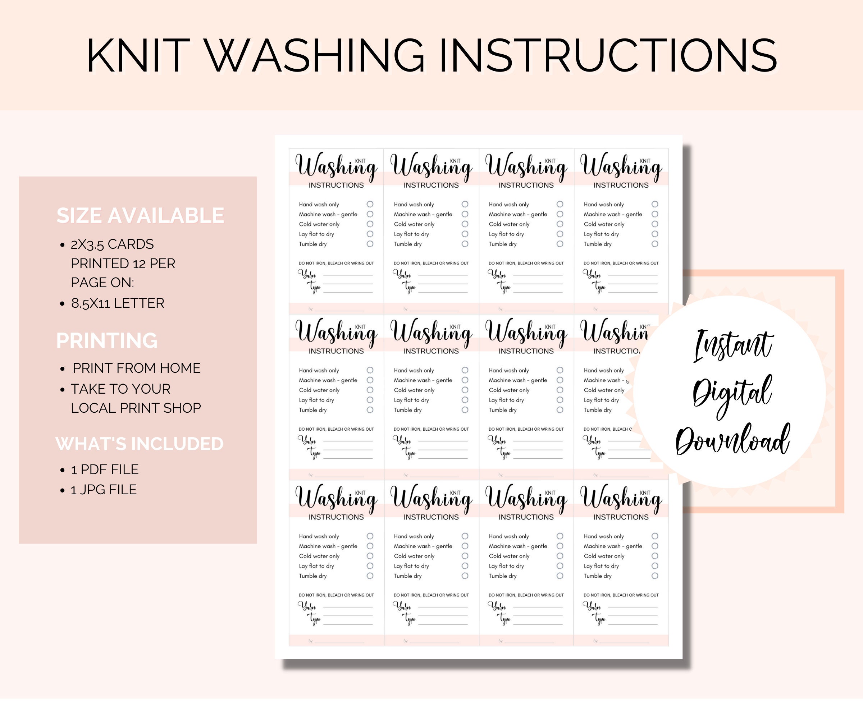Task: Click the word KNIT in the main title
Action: (138, 56)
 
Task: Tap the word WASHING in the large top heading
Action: (314, 56)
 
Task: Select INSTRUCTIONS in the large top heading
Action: (608, 56)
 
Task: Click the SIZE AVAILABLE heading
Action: (140, 216)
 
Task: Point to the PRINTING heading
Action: (107, 340)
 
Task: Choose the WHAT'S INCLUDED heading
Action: (139, 444)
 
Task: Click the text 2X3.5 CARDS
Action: (112, 244)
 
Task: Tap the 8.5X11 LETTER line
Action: (118, 303)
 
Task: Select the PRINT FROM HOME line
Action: (136, 368)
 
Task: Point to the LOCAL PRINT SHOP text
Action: (136, 408)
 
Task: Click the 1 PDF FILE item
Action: (104, 469)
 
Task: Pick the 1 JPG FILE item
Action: (104, 490)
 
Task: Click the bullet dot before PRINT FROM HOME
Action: (63, 369)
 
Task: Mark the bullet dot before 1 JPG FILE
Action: (63, 491)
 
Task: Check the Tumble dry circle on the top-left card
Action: (370, 244)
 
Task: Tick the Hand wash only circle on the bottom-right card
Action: (655, 536)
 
